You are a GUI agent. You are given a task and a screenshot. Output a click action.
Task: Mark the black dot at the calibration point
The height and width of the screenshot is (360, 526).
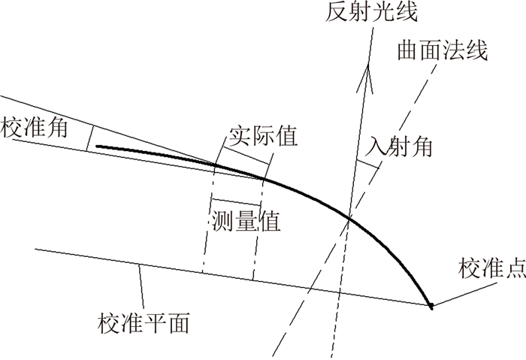431,306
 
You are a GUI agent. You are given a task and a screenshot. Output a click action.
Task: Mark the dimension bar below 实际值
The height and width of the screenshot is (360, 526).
245,153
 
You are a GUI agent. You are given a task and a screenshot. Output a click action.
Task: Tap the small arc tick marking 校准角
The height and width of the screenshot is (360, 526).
89,139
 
